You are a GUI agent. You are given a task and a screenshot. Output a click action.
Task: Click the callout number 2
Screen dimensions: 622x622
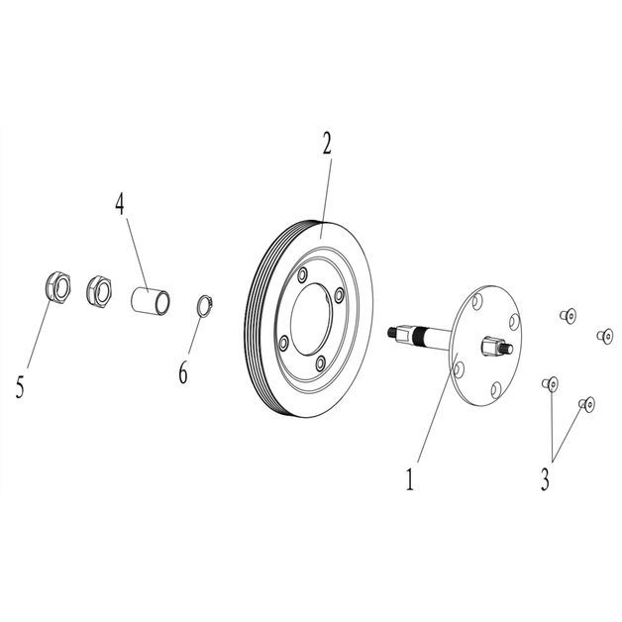point(327,144)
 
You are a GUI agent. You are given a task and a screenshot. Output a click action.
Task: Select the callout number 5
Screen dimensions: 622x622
point(20,386)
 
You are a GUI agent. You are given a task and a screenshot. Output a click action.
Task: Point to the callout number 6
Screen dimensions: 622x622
point(183,373)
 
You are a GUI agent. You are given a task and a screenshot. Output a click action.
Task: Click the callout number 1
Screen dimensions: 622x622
point(410,479)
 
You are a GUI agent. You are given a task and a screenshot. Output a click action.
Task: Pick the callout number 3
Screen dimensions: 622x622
point(545,479)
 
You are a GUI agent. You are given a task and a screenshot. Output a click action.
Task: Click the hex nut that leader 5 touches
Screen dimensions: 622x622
point(57,287)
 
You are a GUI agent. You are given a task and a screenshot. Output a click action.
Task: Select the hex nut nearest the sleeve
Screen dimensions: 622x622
point(99,291)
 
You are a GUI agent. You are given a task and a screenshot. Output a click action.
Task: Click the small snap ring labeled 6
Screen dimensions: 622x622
point(205,306)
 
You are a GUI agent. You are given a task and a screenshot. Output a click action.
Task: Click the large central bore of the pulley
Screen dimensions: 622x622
point(311,319)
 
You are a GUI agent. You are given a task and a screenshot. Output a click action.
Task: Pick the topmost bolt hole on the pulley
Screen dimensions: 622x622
point(303,274)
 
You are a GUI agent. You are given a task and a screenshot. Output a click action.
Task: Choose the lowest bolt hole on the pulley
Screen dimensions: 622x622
point(320,363)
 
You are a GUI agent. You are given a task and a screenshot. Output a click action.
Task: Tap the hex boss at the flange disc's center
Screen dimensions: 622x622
point(491,346)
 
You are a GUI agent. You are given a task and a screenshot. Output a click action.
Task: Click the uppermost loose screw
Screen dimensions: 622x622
point(569,316)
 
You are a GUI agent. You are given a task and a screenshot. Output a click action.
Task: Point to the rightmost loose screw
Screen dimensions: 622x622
point(605,337)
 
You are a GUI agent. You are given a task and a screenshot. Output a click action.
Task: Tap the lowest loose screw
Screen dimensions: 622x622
point(587,405)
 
